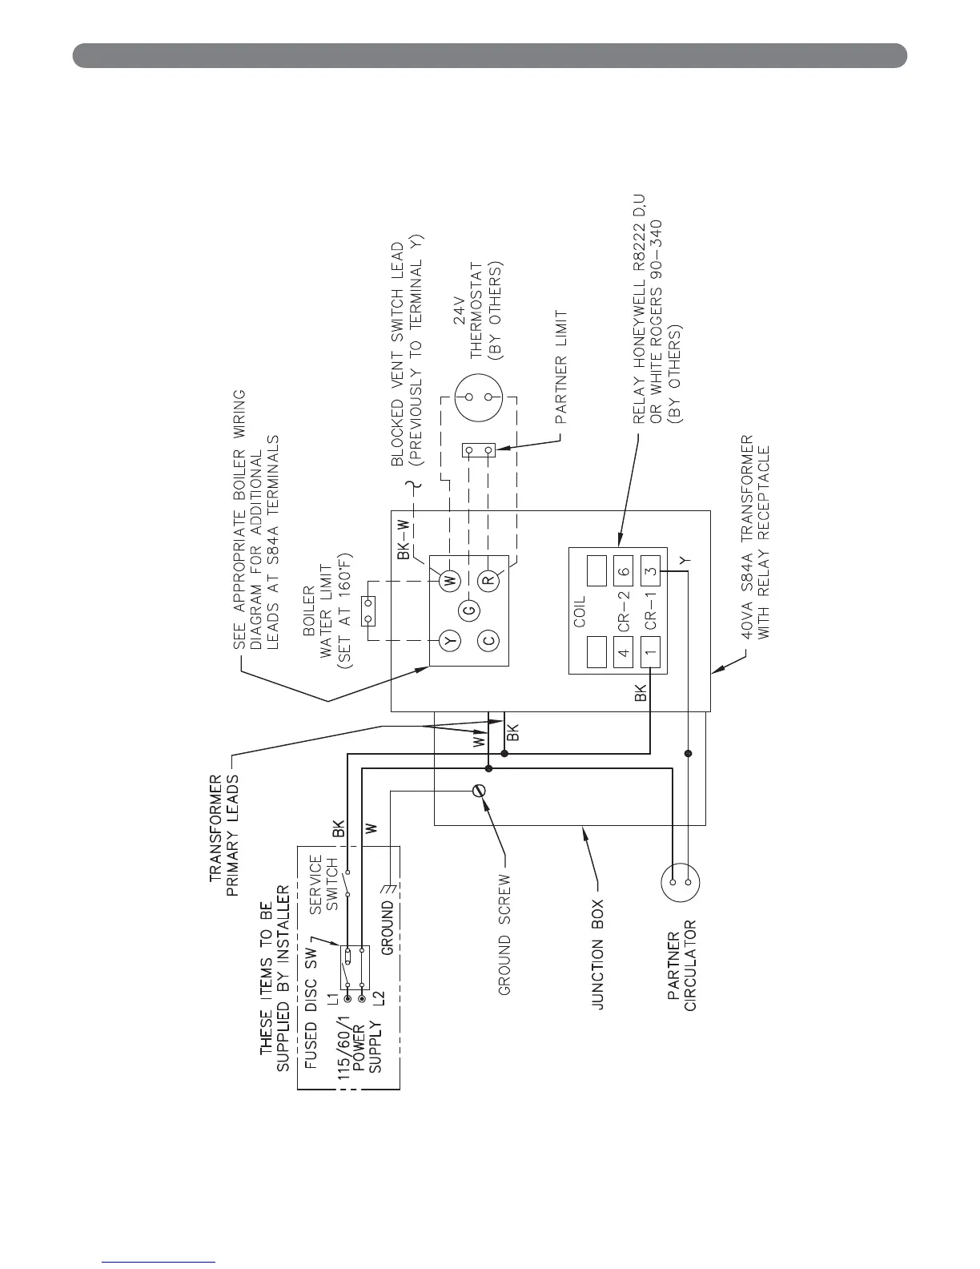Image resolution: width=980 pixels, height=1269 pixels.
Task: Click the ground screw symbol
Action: [x=480, y=791]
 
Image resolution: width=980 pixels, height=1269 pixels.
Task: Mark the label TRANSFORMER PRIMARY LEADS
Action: [x=225, y=828]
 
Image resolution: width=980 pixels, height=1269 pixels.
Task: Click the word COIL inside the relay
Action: [x=580, y=610]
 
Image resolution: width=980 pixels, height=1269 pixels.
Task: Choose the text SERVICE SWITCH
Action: [x=324, y=885]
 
